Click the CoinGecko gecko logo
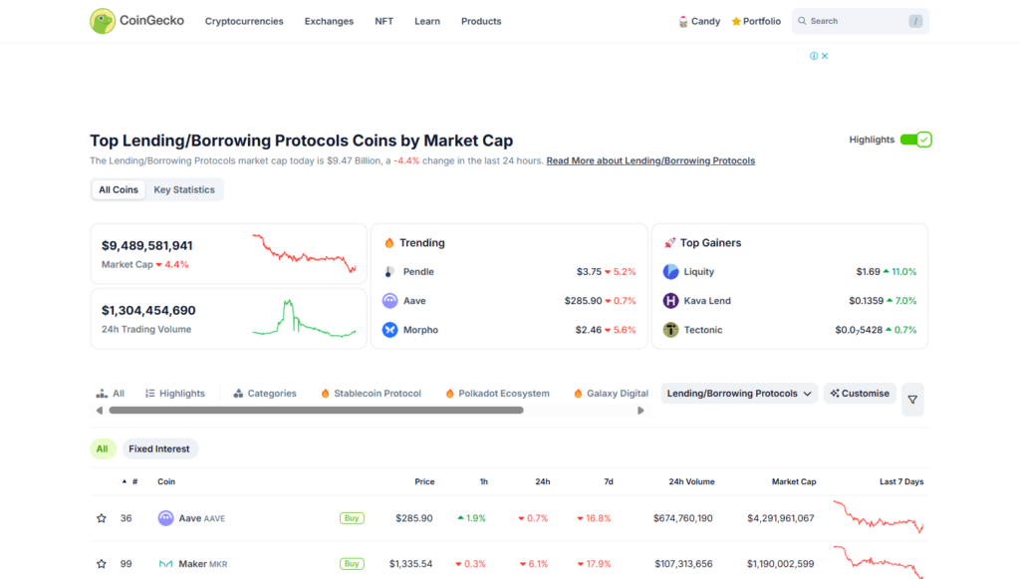(103, 21)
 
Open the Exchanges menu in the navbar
(329, 22)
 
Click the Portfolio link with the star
(756, 22)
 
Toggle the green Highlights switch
(916, 140)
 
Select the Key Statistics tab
(184, 190)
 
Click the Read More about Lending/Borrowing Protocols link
(650, 160)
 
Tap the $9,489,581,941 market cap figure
(147, 246)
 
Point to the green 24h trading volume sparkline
(304, 319)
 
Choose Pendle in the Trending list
(418, 272)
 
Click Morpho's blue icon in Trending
(389, 330)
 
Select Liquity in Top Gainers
(698, 272)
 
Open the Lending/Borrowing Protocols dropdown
(739, 394)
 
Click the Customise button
(860, 394)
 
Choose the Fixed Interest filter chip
(159, 448)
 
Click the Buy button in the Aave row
(352, 518)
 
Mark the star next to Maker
(102, 564)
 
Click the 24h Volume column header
(691, 482)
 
